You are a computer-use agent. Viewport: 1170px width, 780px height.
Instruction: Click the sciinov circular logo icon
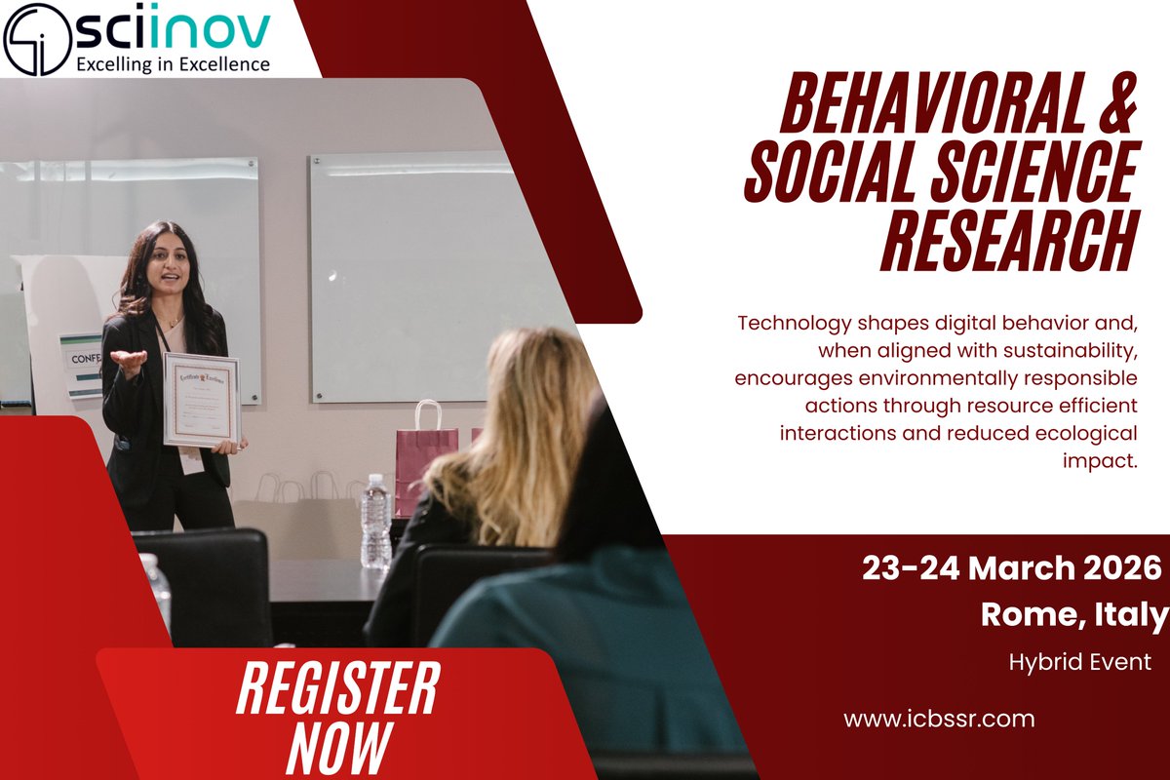(36, 37)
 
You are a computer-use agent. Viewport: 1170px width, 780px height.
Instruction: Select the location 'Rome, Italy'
(1072, 614)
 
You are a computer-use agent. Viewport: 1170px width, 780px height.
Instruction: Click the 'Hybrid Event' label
(1080, 662)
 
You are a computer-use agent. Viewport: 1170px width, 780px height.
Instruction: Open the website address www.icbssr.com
(938, 720)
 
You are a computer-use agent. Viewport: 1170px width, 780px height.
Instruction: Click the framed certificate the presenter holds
(201, 400)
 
